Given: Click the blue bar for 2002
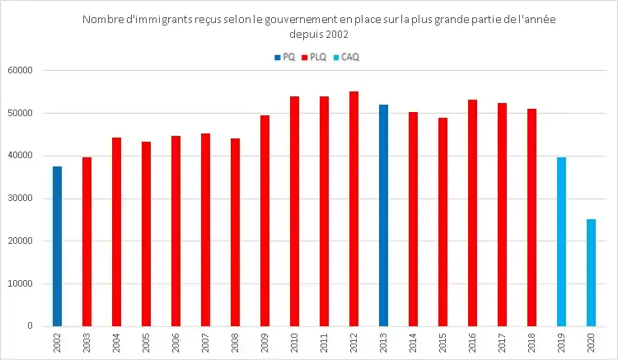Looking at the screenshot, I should click(x=57, y=246).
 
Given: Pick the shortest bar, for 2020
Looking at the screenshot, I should click(x=591, y=273).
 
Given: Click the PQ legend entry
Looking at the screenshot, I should click(x=284, y=58).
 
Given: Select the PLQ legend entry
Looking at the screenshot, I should click(x=319, y=58).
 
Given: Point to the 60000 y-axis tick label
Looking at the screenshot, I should click(x=19, y=71).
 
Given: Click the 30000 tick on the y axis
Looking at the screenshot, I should click(x=19, y=199).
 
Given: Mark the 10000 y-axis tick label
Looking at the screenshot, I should click(x=19, y=284).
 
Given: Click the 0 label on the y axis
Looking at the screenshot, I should click(x=29, y=327).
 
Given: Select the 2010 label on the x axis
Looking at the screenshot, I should click(x=294, y=343).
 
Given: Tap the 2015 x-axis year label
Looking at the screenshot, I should click(x=442, y=343).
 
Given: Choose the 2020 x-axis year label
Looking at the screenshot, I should click(x=591, y=343).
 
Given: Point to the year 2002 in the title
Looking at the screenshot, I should click(x=336, y=35).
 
